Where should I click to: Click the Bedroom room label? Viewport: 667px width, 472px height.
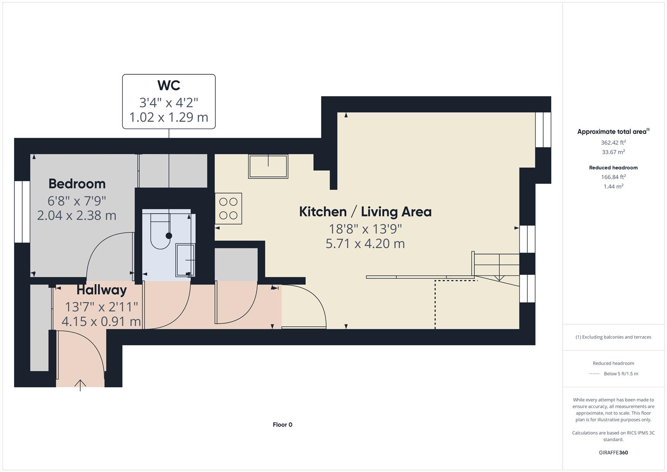click(77, 184)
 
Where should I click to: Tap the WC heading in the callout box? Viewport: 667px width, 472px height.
click(169, 85)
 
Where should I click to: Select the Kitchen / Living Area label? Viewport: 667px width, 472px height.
click(365, 212)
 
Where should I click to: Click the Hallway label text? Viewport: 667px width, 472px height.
click(101, 290)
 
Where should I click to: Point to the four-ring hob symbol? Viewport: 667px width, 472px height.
click(228, 208)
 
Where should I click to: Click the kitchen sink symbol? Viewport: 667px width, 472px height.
click(268, 166)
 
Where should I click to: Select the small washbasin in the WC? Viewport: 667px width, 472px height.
click(185, 260)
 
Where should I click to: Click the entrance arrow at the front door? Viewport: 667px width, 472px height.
click(80, 385)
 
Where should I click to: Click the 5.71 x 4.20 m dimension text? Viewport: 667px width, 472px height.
click(365, 243)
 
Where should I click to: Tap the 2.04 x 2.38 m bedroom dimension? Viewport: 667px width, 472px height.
click(77, 215)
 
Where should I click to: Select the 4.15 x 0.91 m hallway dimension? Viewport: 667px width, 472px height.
click(101, 322)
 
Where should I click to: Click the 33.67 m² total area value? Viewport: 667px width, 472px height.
click(613, 152)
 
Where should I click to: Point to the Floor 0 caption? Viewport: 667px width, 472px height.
click(282, 424)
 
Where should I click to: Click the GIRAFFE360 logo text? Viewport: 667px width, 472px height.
click(613, 452)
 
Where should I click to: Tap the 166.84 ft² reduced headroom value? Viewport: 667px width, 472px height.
click(613, 177)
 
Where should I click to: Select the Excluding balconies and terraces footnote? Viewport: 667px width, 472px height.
click(613, 337)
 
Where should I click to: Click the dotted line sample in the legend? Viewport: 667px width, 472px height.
click(594, 374)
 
